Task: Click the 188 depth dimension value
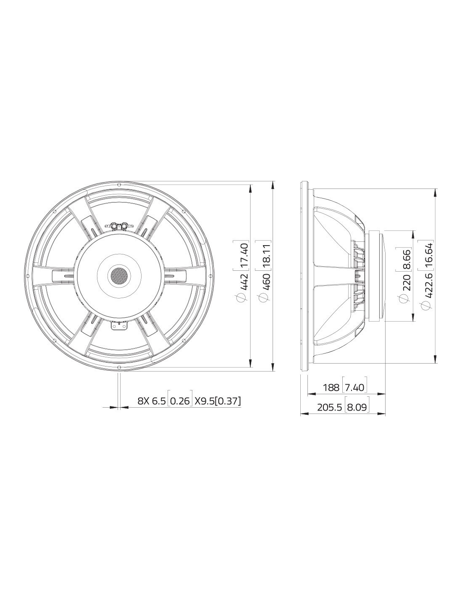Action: click(331, 388)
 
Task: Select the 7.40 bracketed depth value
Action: click(355, 388)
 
